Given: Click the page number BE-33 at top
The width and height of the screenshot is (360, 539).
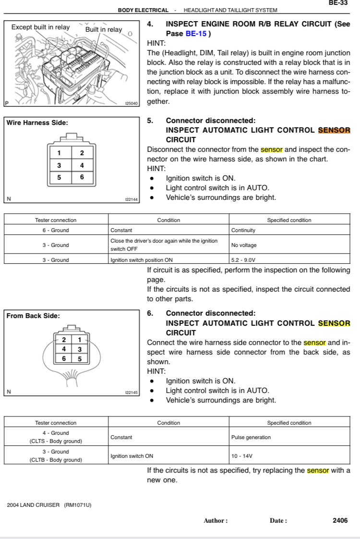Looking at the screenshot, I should coord(338,3).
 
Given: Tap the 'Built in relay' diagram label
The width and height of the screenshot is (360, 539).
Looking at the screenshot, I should coord(104,30).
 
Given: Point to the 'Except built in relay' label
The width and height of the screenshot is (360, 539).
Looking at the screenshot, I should coord(40,27).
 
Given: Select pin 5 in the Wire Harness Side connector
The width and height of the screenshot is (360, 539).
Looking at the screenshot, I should coord(59,177).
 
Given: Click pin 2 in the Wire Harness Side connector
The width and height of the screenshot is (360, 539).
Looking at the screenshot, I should coord(82,153).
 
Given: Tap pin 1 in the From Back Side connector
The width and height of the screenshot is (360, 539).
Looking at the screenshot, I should coord(80,340).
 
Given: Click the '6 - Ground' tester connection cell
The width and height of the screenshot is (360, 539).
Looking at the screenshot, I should coord(56,230).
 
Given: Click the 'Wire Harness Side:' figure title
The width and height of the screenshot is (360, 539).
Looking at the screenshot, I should coord(37,123).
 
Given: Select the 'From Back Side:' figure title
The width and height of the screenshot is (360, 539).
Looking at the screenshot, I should coord(33,316).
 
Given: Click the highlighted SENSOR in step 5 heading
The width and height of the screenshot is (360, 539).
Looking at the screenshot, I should coord(334,130).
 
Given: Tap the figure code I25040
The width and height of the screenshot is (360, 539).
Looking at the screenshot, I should coord(131,103).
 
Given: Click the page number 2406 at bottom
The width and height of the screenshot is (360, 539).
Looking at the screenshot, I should coord(340,520).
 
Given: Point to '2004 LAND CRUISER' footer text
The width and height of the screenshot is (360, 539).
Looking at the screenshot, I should coord(34,505).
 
